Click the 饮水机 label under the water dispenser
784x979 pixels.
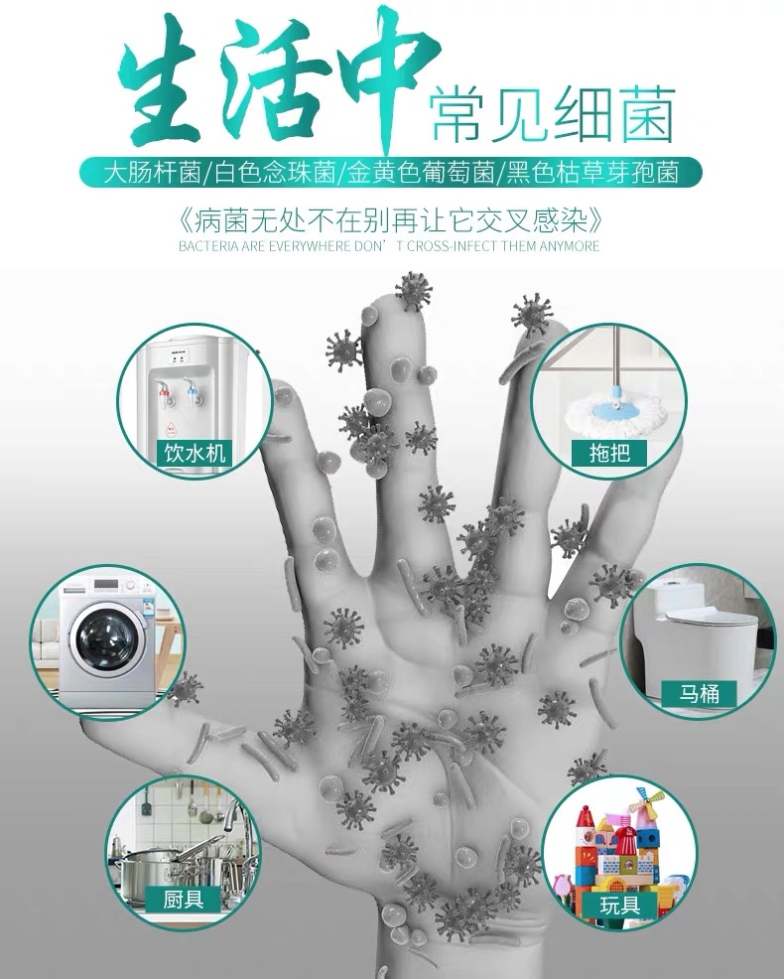(x=195, y=453)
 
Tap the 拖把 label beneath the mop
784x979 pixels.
(x=609, y=453)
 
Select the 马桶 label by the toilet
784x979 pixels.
(x=699, y=693)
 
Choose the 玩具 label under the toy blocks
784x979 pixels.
(x=619, y=905)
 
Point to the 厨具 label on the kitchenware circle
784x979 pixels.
(x=183, y=900)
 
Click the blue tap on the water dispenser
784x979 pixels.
(x=191, y=392)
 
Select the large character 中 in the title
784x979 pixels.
(x=397, y=73)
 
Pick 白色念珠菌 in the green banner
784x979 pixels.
(x=275, y=172)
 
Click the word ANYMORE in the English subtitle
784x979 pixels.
(x=570, y=246)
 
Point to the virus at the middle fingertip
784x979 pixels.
(x=413, y=290)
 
